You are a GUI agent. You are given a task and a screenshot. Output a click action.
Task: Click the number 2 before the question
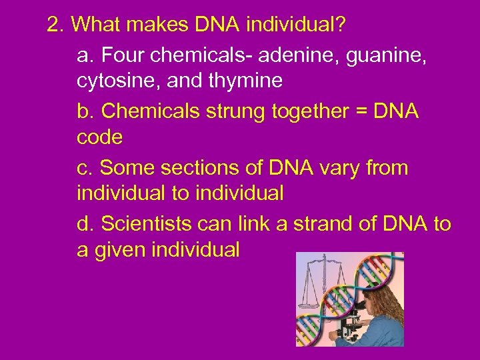pyautogui.click(x=53, y=25)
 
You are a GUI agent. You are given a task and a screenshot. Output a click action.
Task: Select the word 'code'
pyautogui.click(x=99, y=138)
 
